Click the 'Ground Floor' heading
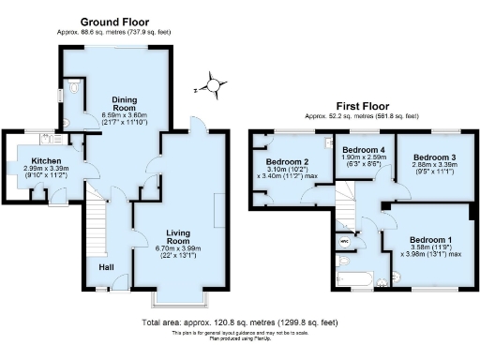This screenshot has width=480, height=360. click(114, 21)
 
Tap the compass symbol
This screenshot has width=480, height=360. click(215, 86)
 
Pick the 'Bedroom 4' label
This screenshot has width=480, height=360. click(362, 150)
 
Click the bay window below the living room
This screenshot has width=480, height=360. click(176, 300)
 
